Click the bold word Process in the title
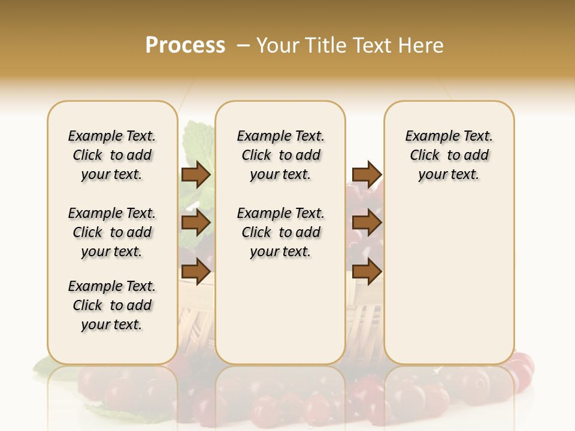[185, 45]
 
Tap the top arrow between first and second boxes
[196, 174]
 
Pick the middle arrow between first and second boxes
[196, 223]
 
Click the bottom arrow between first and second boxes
[196, 271]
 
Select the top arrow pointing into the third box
[367, 174]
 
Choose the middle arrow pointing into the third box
[367, 223]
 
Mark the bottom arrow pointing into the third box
[367, 271]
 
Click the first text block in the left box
[112, 155]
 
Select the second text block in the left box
[112, 232]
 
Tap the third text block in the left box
[112, 305]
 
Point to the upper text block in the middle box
[280, 155]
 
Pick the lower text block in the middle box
[280, 232]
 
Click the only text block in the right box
[449, 155]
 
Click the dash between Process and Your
[243, 45]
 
